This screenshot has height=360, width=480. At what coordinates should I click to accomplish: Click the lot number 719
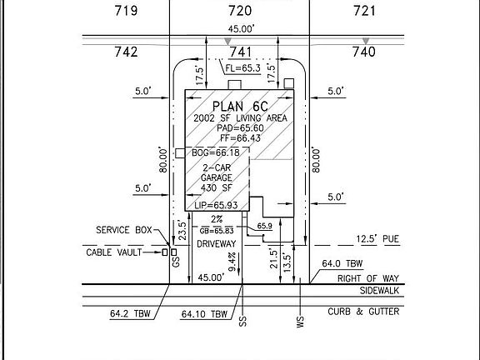126,11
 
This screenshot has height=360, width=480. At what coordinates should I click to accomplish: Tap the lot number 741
241,52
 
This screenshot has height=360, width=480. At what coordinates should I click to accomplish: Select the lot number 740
364,52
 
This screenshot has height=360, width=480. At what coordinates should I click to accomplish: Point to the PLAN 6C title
240,107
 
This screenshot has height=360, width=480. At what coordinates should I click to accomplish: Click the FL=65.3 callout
242,68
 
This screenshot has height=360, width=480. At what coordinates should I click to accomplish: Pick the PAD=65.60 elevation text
240,128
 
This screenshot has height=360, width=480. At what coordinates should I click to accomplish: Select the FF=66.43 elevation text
240,138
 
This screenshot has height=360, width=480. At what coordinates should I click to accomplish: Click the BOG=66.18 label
216,152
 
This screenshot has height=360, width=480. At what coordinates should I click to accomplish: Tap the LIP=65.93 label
216,205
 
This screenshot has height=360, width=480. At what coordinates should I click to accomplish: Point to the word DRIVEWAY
217,244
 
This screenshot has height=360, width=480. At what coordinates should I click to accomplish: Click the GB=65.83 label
217,231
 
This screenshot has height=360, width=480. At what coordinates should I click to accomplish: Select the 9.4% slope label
232,262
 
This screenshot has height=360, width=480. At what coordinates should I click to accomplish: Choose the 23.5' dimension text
182,231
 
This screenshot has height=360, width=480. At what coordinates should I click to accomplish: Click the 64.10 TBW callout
204,314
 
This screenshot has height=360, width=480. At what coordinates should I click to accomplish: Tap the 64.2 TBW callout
130,313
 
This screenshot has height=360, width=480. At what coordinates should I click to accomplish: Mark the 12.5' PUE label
377,239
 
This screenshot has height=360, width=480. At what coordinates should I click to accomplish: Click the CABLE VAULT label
114,252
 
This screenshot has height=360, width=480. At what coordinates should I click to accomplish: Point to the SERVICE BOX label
124,230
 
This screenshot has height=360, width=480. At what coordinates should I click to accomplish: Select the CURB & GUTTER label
363,312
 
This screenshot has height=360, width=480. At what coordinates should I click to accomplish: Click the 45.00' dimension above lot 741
241,29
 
